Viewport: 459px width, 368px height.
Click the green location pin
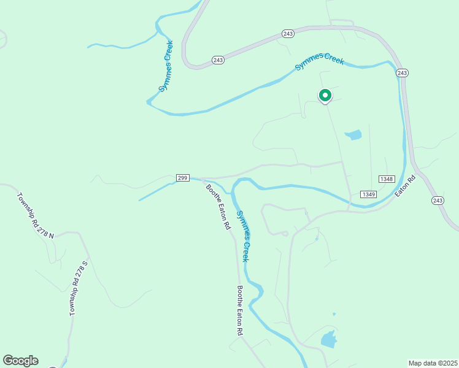pos(325,96)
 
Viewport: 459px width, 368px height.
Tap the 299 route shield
pos(182,177)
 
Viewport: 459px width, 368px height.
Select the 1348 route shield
pos(386,178)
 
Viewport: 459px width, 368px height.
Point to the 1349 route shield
pos(368,194)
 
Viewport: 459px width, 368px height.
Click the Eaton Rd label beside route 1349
pos(405,186)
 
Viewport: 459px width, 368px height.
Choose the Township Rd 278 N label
pos(36,215)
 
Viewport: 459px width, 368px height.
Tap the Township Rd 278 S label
pos(79,288)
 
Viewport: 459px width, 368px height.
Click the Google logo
pos(20,361)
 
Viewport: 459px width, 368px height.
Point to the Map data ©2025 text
pos(433,363)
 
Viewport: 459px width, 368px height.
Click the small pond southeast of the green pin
pos(353,135)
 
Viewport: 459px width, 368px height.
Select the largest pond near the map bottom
pos(329,339)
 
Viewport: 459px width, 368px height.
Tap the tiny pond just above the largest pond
pos(334,315)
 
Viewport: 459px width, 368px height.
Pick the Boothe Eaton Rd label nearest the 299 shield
pos(218,207)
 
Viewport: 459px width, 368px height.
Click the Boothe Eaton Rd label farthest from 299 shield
pos(241,310)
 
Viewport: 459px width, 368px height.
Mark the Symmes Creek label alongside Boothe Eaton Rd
pos(243,236)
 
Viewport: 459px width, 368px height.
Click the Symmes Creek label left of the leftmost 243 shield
pos(166,66)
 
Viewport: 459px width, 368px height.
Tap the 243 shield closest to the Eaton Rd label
pos(438,201)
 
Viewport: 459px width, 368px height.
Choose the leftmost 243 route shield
pos(218,59)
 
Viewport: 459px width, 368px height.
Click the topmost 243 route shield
pos(288,33)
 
